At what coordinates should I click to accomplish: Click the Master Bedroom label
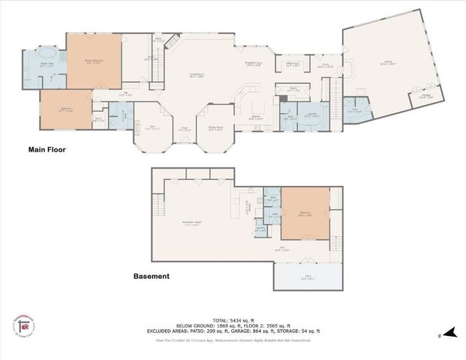click(x=93, y=62)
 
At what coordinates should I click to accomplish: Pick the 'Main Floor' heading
click(x=47, y=150)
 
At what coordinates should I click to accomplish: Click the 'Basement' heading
click(x=151, y=276)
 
